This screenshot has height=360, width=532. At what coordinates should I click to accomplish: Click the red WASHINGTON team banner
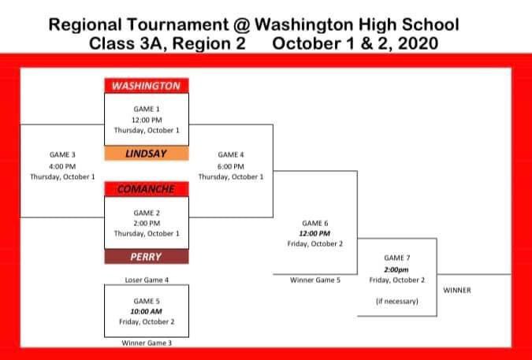[x=147, y=86]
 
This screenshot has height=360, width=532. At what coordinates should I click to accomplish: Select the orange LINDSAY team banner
[x=147, y=154]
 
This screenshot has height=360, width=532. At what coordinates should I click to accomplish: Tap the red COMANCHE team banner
[x=147, y=189]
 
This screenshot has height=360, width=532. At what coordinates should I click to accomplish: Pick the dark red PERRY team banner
[x=147, y=257]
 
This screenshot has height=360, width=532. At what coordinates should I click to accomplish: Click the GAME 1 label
[x=147, y=109]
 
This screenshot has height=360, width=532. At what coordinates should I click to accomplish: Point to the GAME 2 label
[x=147, y=213]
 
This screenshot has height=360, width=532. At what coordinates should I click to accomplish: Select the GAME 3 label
[x=62, y=155]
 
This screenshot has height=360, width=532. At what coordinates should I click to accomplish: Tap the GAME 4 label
[x=231, y=155]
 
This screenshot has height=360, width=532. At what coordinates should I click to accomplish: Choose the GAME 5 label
[x=147, y=301]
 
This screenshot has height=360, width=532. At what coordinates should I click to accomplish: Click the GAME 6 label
[x=314, y=223]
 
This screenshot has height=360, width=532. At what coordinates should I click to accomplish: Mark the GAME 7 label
[x=396, y=258]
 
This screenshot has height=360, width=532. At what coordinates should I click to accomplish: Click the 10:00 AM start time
[x=147, y=311]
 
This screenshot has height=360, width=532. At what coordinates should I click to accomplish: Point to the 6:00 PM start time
[x=231, y=166]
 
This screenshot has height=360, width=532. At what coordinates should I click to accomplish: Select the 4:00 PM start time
[x=62, y=166]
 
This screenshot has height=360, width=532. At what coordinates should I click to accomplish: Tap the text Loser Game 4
[x=147, y=280]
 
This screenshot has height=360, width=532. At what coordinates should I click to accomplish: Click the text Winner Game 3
[x=147, y=343]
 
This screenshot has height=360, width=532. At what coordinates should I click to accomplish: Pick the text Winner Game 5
[x=314, y=280]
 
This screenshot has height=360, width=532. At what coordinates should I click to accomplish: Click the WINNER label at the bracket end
[x=457, y=290]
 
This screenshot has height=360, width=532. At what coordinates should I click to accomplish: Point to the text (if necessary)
[x=396, y=301]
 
